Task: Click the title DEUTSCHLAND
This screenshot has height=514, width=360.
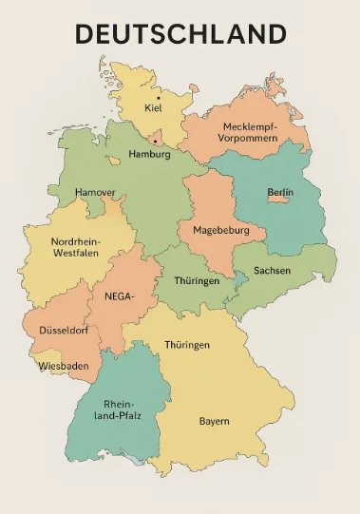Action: [180, 34]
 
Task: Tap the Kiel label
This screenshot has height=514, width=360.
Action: [153, 108]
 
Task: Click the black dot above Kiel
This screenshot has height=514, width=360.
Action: [159, 97]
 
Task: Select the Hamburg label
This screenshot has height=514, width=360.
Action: [149, 154]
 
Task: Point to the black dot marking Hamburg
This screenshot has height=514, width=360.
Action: [155, 141]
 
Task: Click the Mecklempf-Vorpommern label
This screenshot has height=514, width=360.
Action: [250, 132]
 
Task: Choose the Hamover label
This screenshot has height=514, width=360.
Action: [95, 192]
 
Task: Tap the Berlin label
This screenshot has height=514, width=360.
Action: [280, 193]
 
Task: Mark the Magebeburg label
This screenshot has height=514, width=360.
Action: [220, 231]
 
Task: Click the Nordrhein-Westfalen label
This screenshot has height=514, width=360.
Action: [76, 248]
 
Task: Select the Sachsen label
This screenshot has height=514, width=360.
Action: [273, 271]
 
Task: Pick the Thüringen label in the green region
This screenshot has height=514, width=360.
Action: [197, 281]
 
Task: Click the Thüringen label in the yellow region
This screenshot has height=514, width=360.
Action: [187, 345]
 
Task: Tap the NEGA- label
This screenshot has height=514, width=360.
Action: [119, 295]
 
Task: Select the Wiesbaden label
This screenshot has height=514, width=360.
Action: [64, 366]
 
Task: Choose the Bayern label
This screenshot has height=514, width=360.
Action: [214, 421]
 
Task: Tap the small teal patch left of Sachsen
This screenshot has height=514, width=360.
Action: [242, 277]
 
